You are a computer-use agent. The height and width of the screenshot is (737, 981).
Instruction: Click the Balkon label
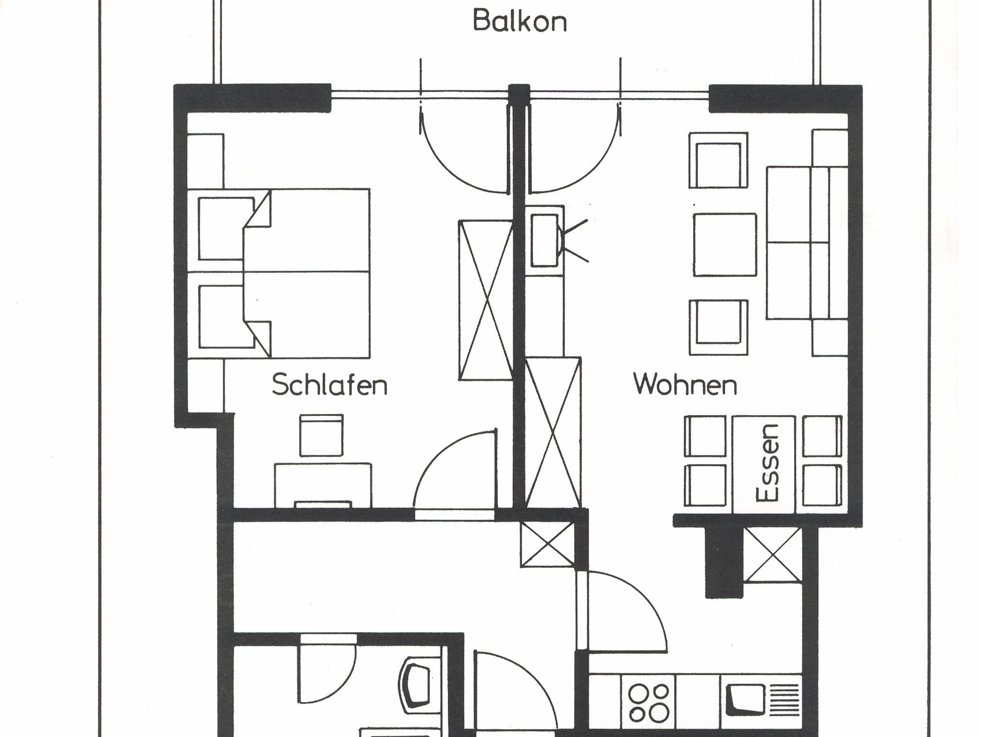coord(520,22)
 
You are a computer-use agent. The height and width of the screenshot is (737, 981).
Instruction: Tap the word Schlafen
coord(330,385)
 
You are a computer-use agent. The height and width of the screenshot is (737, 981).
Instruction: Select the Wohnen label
coord(685,385)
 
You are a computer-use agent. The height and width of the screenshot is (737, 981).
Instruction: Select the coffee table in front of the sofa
coord(725,245)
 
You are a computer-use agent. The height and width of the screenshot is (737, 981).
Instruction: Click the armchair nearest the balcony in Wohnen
coord(719,160)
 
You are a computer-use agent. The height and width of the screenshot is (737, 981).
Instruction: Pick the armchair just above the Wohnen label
coord(719,327)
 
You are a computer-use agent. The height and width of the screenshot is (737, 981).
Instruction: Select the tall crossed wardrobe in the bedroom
coord(486,300)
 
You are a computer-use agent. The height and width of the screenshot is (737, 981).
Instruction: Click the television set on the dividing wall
coord(546,240)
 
